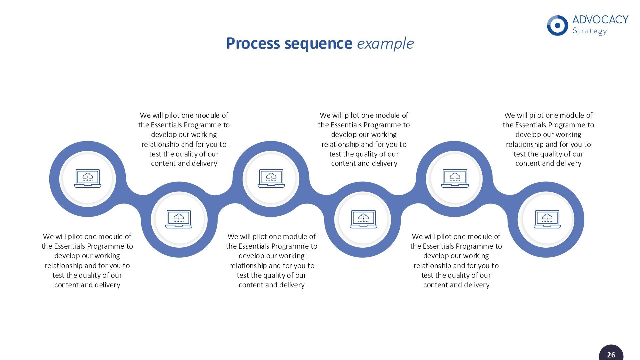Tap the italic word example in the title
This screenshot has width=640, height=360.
click(x=385, y=43)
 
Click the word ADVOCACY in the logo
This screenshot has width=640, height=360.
click(x=600, y=20)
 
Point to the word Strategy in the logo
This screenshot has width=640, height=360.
click(x=589, y=31)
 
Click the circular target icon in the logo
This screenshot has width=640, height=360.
click(x=557, y=25)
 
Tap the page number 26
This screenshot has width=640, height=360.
click(x=611, y=355)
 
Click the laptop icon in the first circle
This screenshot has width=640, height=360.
click(x=88, y=178)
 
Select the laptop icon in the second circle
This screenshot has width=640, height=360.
click(x=179, y=219)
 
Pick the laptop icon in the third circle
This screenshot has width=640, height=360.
click(x=271, y=178)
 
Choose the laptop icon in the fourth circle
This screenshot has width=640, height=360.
click(x=363, y=219)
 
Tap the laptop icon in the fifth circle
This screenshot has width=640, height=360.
click(x=455, y=178)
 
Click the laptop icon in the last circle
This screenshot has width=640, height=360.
click(x=547, y=219)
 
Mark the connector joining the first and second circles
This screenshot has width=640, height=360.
click(x=133, y=199)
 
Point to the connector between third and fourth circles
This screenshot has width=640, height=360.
click(x=317, y=199)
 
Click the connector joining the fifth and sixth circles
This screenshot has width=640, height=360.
click(x=500, y=199)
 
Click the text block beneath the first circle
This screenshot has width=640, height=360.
click(x=87, y=261)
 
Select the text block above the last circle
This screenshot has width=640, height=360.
click(x=548, y=139)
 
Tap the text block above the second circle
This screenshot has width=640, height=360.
click(x=184, y=139)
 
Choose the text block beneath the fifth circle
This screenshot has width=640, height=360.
click(x=456, y=261)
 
